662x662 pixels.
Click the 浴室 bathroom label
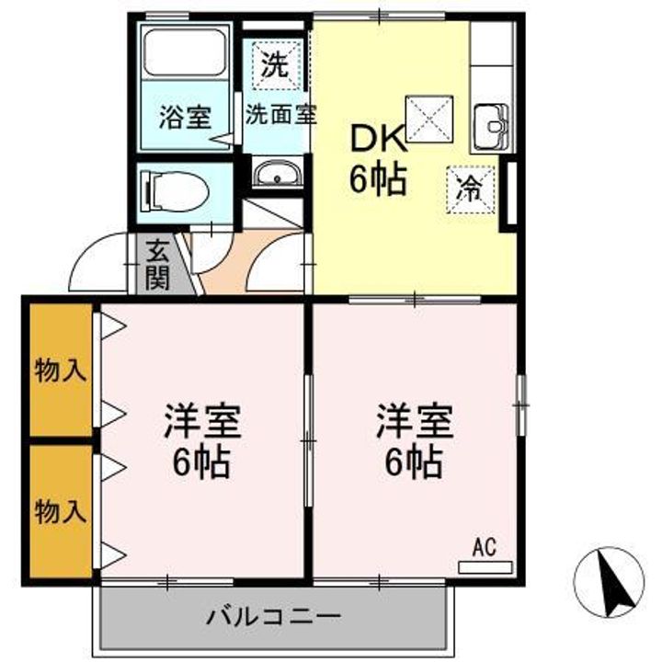[185, 117]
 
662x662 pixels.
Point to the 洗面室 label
[280, 116]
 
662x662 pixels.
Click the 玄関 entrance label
[158, 264]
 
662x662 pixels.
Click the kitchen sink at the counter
[489, 125]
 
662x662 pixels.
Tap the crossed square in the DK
[429, 119]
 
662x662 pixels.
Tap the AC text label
[484, 548]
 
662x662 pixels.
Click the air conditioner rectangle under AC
[484, 567]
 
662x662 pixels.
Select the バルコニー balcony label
[274, 615]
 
